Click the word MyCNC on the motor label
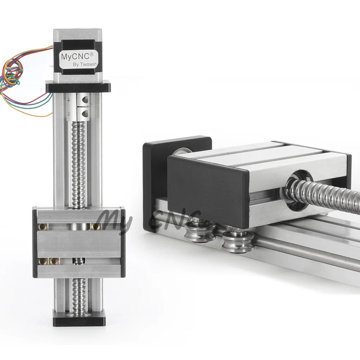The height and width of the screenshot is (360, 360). click(x=76, y=56)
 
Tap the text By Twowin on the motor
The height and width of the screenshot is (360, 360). click(x=85, y=64)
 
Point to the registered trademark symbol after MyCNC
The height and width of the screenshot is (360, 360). click(x=92, y=54)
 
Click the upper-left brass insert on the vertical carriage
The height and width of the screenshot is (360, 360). click(x=43, y=226)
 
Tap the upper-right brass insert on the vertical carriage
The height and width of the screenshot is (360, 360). click(x=95, y=226)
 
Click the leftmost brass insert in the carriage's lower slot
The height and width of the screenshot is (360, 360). click(x=43, y=261)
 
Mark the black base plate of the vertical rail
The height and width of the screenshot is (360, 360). click(x=80, y=318)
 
